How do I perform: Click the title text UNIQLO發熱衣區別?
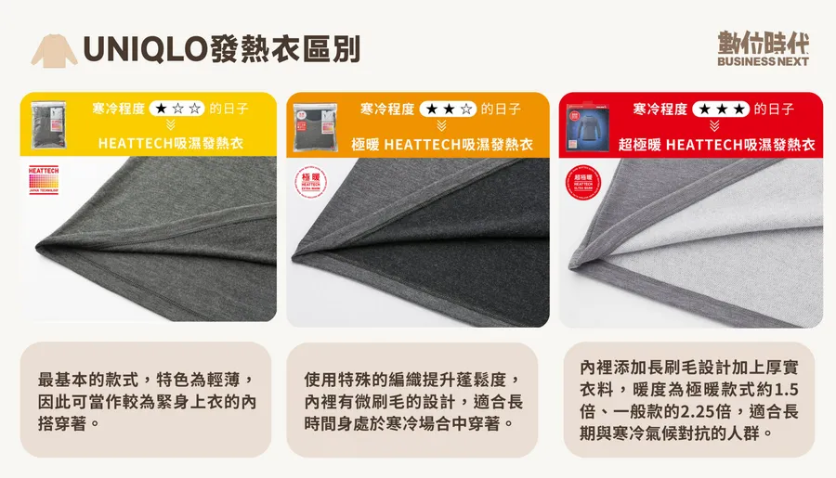pyautogui.click(x=221, y=49)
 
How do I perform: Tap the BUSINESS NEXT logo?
pyautogui.click(x=763, y=49)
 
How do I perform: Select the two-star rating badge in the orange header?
pyautogui.click(x=448, y=109)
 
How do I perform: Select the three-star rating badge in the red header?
pyautogui.click(x=720, y=109)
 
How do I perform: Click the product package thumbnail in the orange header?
pyautogui.click(x=313, y=124)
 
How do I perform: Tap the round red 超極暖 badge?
pyautogui.click(x=583, y=184)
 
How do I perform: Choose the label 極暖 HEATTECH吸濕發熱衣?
pyautogui.click(x=442, y=145)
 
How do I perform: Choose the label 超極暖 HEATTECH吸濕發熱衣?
pyautogui.click(x=716, y=145)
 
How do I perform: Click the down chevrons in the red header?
pyautogui.click(x=714, y=125)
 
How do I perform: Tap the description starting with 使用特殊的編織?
pyautogui.click(x=412, y=402)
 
